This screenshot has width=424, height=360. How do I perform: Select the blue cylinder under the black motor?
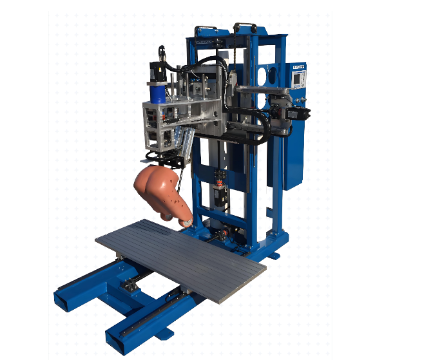coord(156,93)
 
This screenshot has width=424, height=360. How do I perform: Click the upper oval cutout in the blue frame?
coord(263,74)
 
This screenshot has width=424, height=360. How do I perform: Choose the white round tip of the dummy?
coord(188,223)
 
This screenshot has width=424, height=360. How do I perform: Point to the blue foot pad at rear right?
coord(273,256)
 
